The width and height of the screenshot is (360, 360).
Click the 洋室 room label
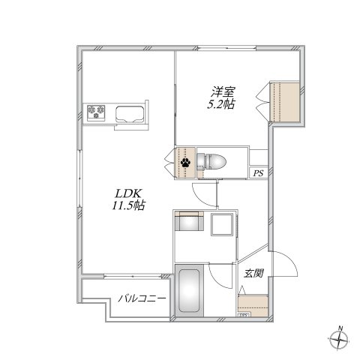click(x=220, y=92)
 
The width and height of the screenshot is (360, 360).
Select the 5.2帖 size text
click(x=220, y=104)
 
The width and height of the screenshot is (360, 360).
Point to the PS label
click(x=258, y=175)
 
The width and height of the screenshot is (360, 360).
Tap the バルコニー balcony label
click(x=141, y=300)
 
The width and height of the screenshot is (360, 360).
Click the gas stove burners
click(x=97, y=114)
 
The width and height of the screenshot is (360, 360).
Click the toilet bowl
click(x=212, y=159)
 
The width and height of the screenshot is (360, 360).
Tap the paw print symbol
click(x=184, y=160)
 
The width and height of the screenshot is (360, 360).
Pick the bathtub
click(x=189, y=292)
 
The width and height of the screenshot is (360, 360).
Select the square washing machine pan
click(x=223, y=224)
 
